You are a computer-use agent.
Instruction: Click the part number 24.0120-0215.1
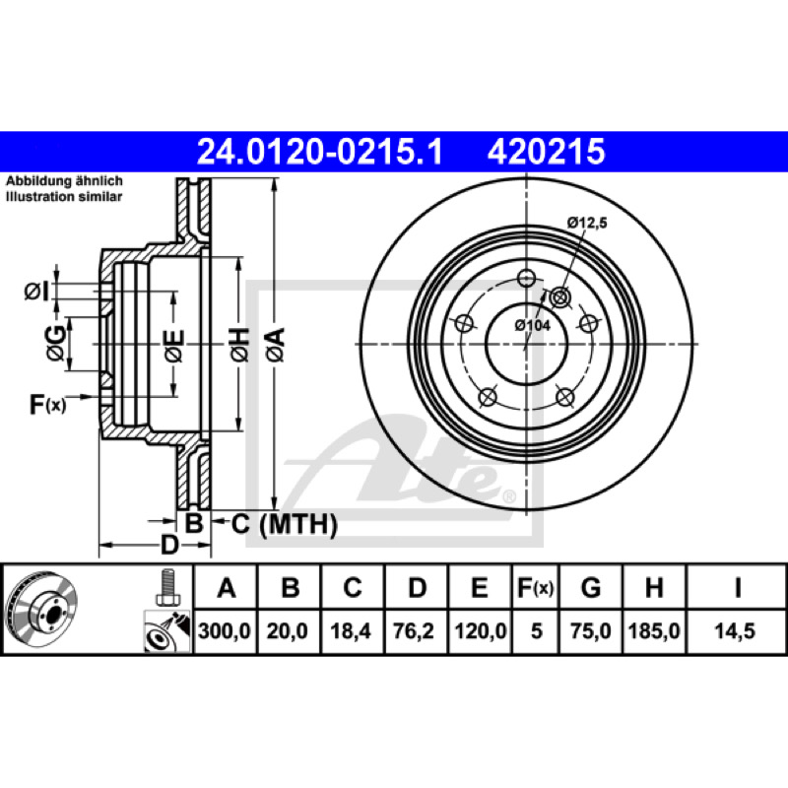[x=319, y=152]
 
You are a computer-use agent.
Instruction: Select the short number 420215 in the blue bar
[x=546, y=152]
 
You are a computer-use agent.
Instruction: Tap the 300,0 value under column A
[x=225, y=630]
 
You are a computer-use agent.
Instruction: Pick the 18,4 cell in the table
[x=351, y=630]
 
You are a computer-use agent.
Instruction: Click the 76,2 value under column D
[x=414, y=630]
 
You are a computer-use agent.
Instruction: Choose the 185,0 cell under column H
[x=654, y=630]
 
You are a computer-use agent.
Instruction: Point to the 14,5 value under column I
[x=735, y=630]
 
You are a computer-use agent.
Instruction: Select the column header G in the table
[x=590, y=587]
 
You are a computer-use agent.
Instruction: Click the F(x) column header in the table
[x=535, y=587]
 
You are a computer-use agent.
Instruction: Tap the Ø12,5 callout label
[x=587, y=223]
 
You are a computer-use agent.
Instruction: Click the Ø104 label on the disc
[x=533, y=325]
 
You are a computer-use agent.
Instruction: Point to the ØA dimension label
[x=276, y=344]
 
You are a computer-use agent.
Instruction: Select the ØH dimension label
[x=239, y=344]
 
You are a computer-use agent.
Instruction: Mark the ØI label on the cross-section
[x=36, y=291]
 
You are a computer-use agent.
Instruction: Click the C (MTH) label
[x=284, y=524]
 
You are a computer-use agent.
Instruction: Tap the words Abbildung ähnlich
[x=64, y=181]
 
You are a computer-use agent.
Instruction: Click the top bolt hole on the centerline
[x=526, y=277]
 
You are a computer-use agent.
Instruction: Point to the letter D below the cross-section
[x=169, y=545]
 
